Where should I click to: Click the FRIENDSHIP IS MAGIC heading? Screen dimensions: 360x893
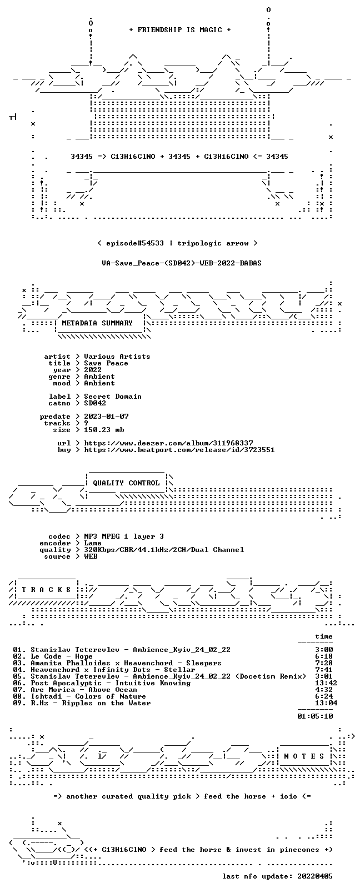(x=180, y=30)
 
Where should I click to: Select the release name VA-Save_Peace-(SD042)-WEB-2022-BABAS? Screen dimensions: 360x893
(x=182, y=263)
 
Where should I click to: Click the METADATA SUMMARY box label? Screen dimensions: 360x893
(x=97, y=323)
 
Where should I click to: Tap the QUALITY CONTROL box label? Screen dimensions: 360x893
(x=126, y=483)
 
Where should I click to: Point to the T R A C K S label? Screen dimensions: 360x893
(x=46, y=590)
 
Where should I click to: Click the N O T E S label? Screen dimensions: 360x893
(x=304, y=756)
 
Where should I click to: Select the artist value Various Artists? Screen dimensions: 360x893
(x=117, y=357)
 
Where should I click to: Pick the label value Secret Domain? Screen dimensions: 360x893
(x=113, y=397)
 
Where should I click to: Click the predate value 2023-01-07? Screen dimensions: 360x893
(x=106, y=416)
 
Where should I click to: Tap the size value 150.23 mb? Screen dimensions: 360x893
(x=104, y=430)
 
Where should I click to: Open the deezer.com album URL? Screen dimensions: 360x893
(x=169, y=443)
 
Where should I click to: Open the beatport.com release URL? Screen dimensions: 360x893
(x=179, y=450)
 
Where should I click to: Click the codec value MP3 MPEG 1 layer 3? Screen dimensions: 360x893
(x=124, y=536)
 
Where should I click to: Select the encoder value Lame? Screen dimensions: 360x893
(x=93, y=543)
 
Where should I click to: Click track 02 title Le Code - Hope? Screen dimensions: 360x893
(x=62, y=656)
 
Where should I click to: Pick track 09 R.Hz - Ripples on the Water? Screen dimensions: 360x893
(x=91, y=703)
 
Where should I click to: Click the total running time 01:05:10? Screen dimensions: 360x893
(x=315, y=716)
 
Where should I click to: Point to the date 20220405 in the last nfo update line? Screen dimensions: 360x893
(x=315, y=876)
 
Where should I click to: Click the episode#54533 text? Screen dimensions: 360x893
(x=135, y=243)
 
